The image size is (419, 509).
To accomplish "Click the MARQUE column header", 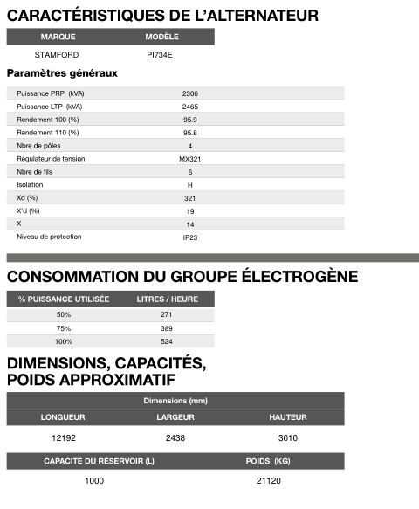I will coord(58,38).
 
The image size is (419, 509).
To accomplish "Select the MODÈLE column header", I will coord(162,38).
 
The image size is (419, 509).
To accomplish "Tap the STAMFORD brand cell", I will coord(57,54).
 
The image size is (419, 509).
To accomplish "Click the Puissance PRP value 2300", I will coord(190,93).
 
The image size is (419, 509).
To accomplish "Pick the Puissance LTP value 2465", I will coord(190,106).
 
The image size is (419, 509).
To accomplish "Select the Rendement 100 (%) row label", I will coord(48,119).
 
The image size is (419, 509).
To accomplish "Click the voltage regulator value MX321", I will coord(190,159).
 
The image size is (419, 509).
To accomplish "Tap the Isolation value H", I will coord(190,185).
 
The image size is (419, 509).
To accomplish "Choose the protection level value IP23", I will coord(190,237).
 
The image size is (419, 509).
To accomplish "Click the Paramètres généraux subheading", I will coord(62,72).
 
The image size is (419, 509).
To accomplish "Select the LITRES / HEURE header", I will coord(168,299).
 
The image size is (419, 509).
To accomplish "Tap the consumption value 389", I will coord(167,327).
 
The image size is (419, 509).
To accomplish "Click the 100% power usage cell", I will coord(64,341).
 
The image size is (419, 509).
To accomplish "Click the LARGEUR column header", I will coord(175,417).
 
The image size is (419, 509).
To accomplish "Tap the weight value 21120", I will coord(269,480).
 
